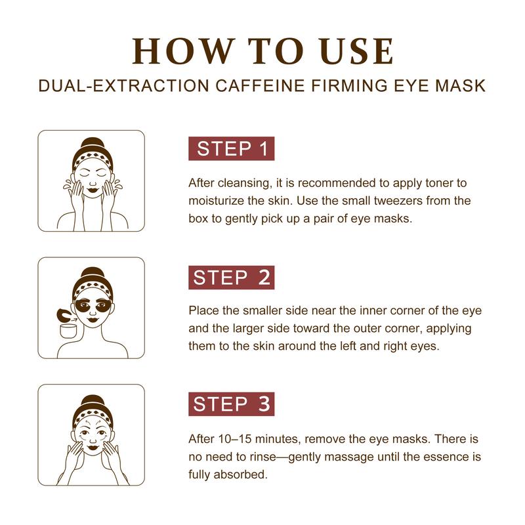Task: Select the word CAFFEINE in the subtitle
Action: (x=260, y=86)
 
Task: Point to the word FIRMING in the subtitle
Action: (x=349, y=86)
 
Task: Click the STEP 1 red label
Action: (x=232, y=148)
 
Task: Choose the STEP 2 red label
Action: (x=232, y=277)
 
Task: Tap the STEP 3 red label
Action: (x=232, y=404)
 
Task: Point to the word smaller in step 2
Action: (x=264, y=310)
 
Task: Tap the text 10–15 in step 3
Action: (x=235, y=438)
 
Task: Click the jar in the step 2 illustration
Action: (x=68, y=330)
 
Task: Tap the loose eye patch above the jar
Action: (x=64, y=315)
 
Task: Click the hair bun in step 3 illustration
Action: (x=92, y=401)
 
